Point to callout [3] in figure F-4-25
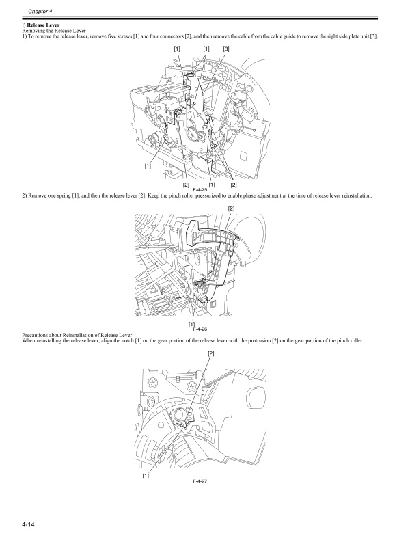[x=226, y=49]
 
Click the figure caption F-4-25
[x=200, y=189]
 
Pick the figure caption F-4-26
[x=200, y=329]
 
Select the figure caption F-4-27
[x=200, y=481]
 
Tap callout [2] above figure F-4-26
[x=231, y=208]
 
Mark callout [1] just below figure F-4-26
[x=191, y=323]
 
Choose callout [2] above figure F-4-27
[x=210, y=353]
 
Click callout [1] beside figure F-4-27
[x=146, y=476]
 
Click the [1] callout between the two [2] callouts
[x=212, y=185]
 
